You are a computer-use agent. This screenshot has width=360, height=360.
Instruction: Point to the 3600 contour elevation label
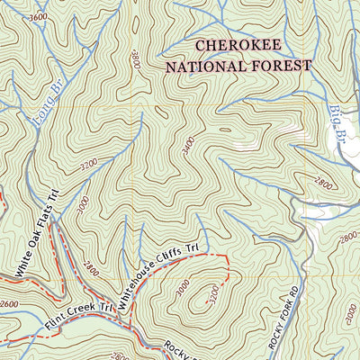coord(38,17)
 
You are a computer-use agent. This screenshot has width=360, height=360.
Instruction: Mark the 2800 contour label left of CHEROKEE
coord(136,60)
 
